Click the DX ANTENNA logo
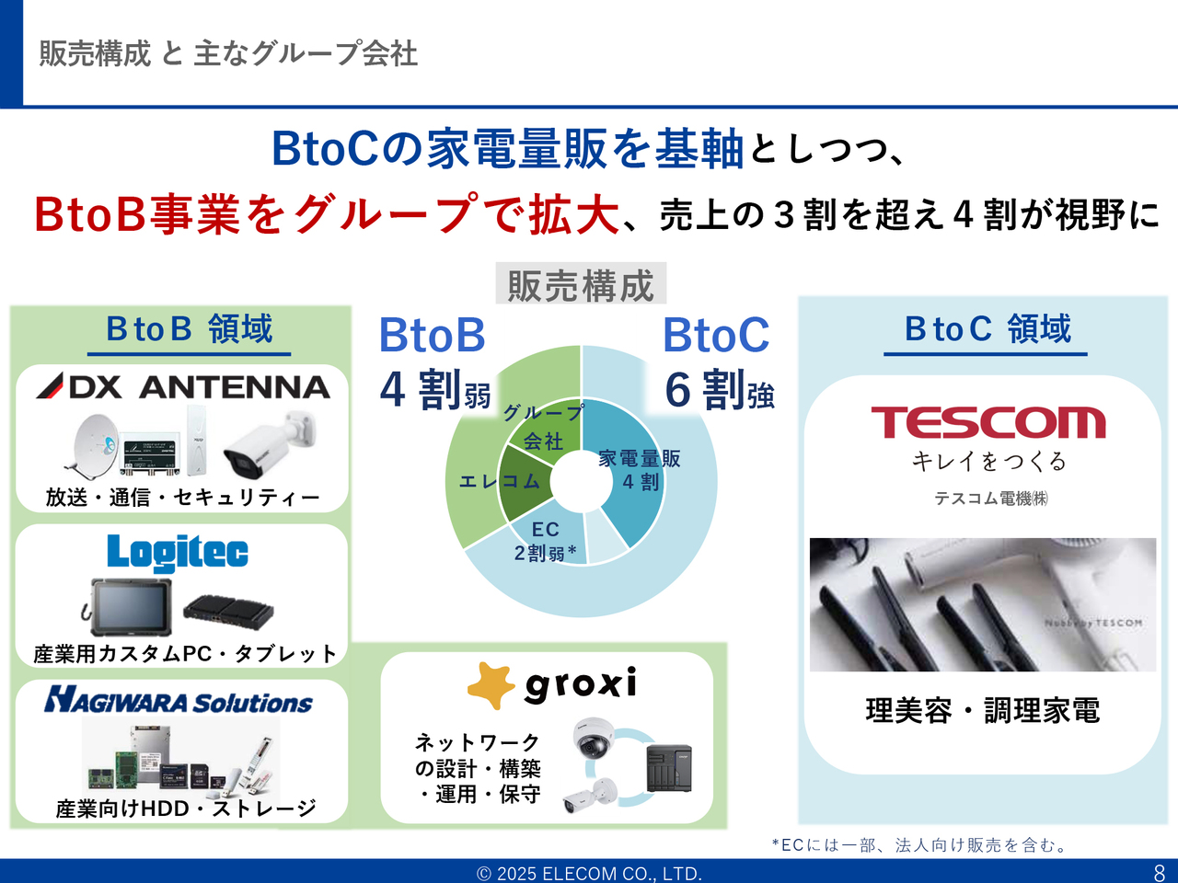(x=182, y=386)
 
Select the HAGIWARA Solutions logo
(x=179, y=700)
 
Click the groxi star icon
(x=491, y=686)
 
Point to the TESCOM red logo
(x=988, y=422)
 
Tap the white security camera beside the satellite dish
(x=269, y=444)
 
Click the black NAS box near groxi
(x=669, y=768)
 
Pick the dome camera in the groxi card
(x=593, y=738)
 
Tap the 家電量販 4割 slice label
(x=639, y=470)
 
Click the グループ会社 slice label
(x=543, y=427)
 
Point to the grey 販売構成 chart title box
(x=581, y=283)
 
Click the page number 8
(x=1160, y=872)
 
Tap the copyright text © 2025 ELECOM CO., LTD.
(x=589, y=874)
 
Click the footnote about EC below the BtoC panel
(x=920, y=845)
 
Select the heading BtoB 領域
(x=189, y=328)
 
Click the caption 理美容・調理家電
(x=983, y=710)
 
